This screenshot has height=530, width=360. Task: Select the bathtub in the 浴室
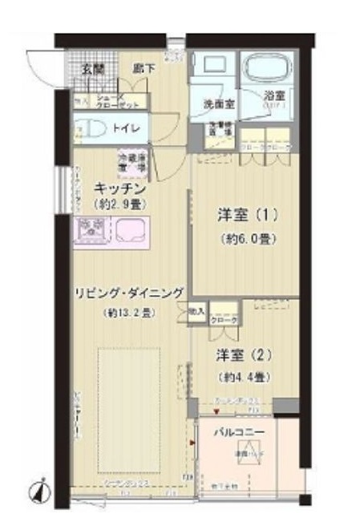[267, 71]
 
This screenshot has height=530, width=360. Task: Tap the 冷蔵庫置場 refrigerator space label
[131, 161]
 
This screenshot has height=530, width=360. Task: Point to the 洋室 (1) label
[247, 215]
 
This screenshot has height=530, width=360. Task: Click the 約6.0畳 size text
[247, 238]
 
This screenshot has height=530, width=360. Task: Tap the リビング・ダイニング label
[127, 292]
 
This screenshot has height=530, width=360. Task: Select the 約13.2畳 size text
[127, 314]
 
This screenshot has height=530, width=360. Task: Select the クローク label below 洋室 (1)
[224, 320]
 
